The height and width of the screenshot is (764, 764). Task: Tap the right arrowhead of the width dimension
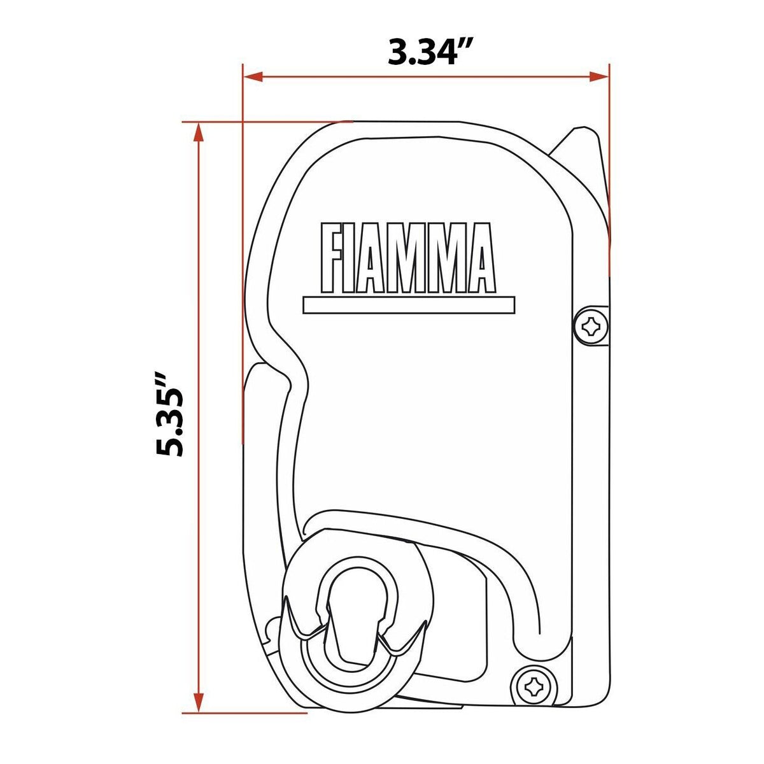point(599,76)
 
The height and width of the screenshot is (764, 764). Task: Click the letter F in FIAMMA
point(332,257)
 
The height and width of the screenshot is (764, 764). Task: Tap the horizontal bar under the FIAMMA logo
point(409,305)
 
